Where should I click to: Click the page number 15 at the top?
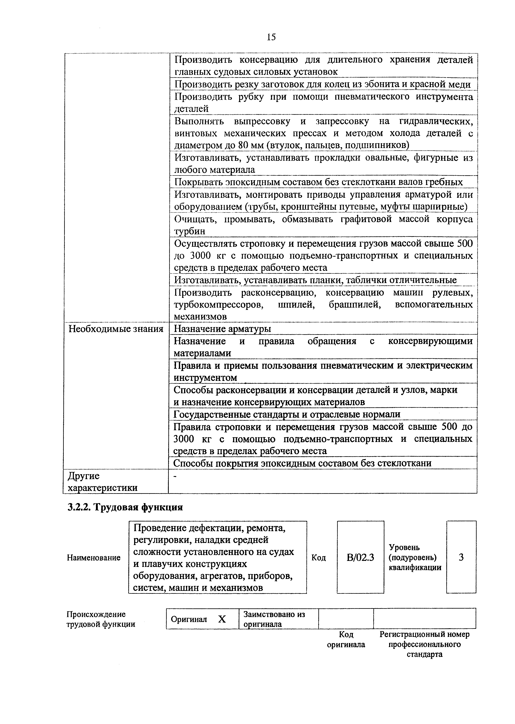[271, 37]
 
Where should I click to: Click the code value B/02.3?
[360, 557]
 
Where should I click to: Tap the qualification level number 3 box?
[461, 557]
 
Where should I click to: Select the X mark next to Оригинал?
[222, 619]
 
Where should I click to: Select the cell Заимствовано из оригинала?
[274, 619]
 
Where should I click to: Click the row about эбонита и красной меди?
[322, 84]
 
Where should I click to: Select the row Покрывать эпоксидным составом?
[318, 182]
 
